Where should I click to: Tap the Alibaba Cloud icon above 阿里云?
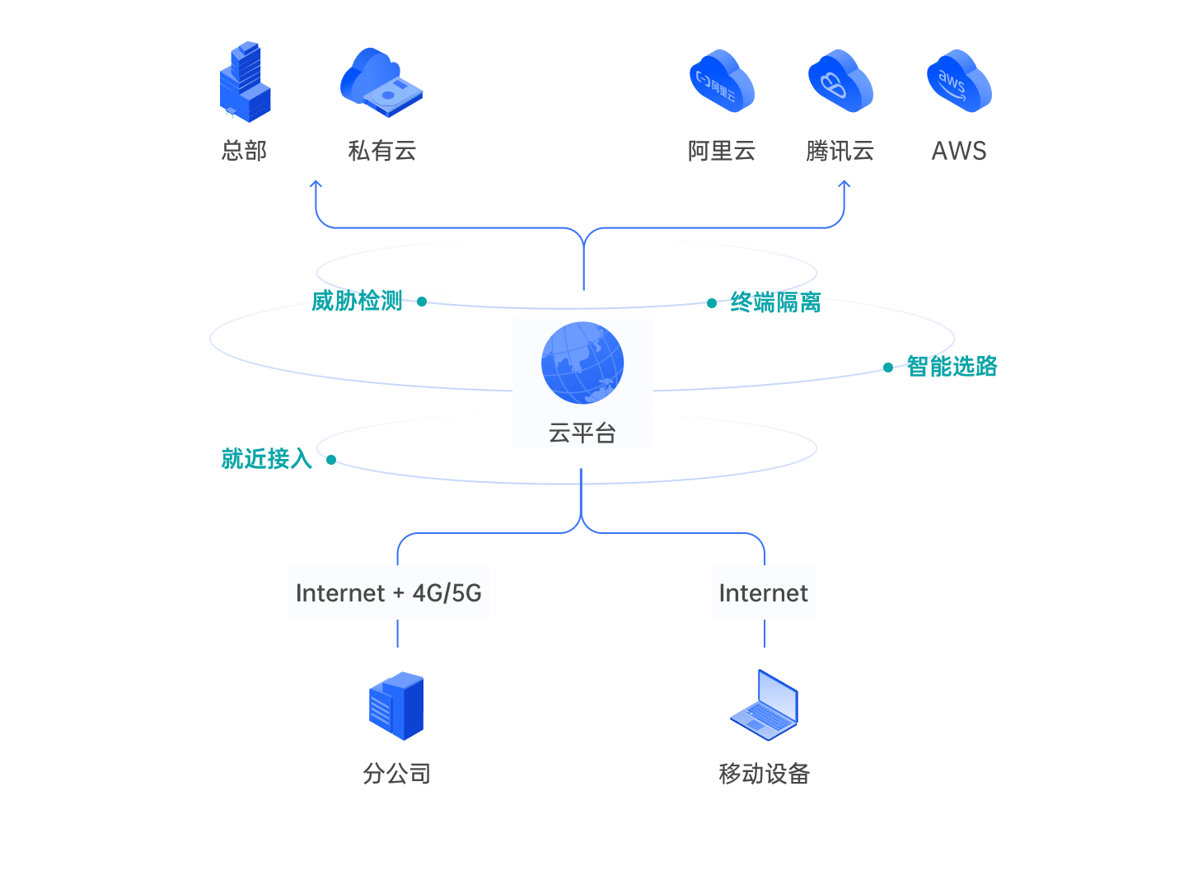point(722,81)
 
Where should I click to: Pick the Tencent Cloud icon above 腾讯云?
point(840,81)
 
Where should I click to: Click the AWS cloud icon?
point(958,81)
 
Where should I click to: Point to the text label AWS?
point(958,151)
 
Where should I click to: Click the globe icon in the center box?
point(582,363)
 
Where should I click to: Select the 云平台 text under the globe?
point(582,433)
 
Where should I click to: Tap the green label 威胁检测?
point(357,301)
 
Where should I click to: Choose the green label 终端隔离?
point(775,302)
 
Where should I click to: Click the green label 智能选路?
point(952,366)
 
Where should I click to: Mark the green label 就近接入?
point(266,458)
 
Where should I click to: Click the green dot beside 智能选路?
point(888,367)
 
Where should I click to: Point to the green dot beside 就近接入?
point(331,459)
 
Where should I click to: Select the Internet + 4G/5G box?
point(389,592)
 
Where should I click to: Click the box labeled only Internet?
point(764,592)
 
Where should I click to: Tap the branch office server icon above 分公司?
point(396,706)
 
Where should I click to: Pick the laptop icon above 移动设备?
point(765,705)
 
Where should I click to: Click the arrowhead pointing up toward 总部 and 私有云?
point(316,185)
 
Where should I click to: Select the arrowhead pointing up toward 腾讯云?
point(844,185)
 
